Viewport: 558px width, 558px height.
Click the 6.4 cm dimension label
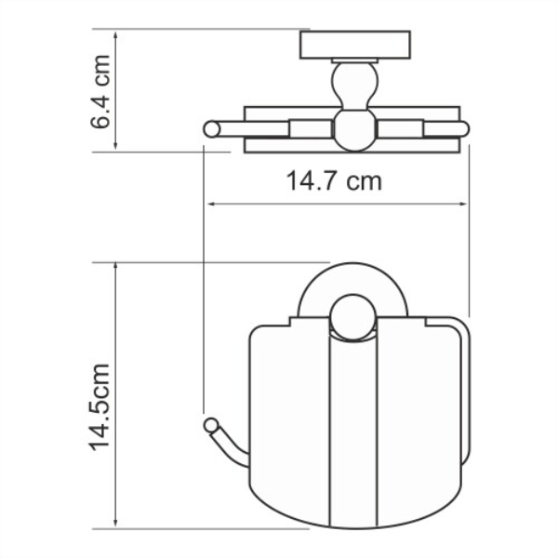pyautogui.click(x=100, y=91)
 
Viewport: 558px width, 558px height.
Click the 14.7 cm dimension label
pyautogui.click(x=334, y=180)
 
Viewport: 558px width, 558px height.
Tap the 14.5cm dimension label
pyautogui.click(x=100, y=407)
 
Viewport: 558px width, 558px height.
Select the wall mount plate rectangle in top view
pyautogui.click(x=355, y=45)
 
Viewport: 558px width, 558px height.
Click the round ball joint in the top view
pyautogui.click(x=354, y=129)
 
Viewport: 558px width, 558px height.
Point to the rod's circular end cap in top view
pyautogui.click(x=212, y=129)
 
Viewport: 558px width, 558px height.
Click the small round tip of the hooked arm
pyautogui.click(x=211, y=425)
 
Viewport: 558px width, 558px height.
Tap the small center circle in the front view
pyautogui.click(x=352, y=317)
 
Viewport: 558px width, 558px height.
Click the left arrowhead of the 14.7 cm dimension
pyautogui.click(x=211, y=204)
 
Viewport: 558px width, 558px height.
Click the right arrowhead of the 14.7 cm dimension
pyautogui.click(x=463, y=204)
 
